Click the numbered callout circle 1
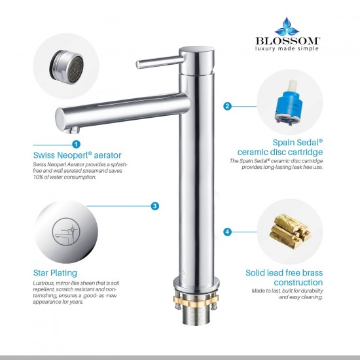[x=76, y=145]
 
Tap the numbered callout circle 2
[x=227, y=106]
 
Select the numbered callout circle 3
[x=154, y=206]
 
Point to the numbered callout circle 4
[x=227, y=232]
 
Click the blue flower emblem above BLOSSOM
[x=287, y=27]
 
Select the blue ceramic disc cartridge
[x=289, y=103]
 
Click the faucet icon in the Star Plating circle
[x=66, y=232]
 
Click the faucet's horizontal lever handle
[x=160, y=62]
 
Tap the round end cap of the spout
[x=60, y=118]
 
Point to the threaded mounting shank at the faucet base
[x=197, y=315]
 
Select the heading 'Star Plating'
[x=55, y=273]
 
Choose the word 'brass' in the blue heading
[x=310, y=273]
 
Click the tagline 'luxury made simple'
[x=287, y=48]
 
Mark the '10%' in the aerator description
[x=38, y=177]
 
